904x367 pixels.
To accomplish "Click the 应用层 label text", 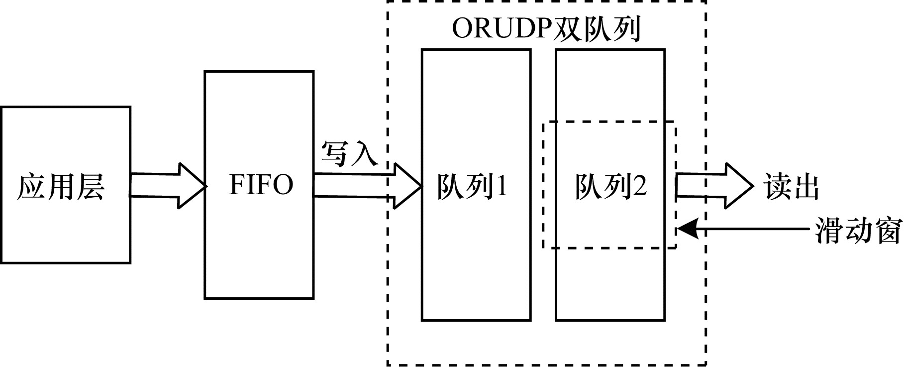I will point(61,187).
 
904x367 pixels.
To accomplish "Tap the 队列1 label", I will point(472,187).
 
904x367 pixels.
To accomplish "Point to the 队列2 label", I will point(611,187).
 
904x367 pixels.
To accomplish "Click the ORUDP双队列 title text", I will point(546,29).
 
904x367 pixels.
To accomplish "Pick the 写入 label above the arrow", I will point(349,154).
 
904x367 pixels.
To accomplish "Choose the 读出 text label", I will point(792,187).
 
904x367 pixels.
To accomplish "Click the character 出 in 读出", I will point(805,187).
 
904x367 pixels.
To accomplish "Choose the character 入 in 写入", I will point(365,154).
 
